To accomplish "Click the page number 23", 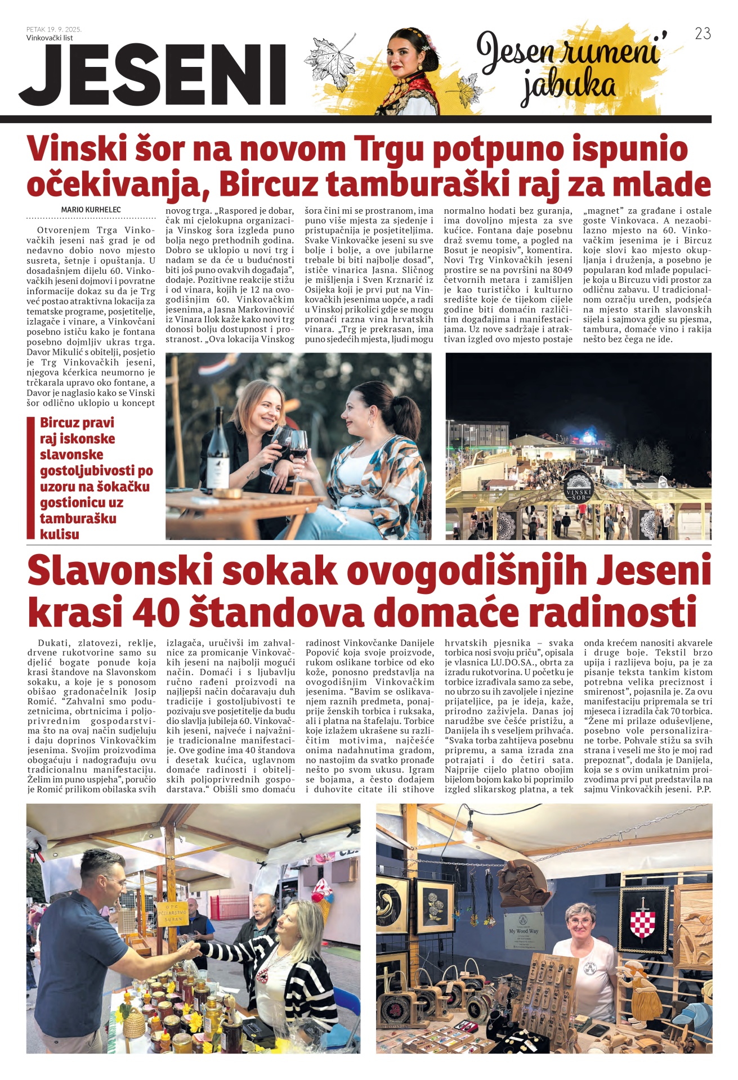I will tap(703, 34).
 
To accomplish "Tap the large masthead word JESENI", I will tap(153, 75).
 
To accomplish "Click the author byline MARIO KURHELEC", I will tap(91, 210).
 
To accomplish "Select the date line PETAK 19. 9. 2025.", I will tap(54, 29).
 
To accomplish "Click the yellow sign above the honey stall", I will tap(172, 911).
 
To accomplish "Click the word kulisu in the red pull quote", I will tap(59, 534).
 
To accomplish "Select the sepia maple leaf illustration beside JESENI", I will tap(331, 61).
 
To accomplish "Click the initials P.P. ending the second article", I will tap(704, 789).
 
